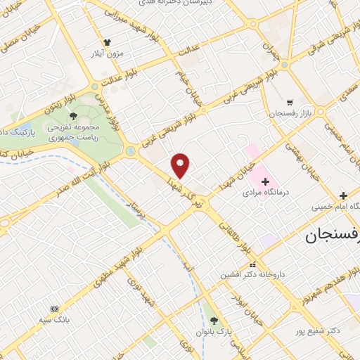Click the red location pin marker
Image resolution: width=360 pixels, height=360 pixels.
(x=181, y=165)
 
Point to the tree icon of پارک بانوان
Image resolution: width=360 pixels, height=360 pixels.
(x=214, y=321)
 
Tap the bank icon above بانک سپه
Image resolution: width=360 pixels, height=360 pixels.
(x=55, y=309)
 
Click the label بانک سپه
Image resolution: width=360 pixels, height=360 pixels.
(x=55, y=319)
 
